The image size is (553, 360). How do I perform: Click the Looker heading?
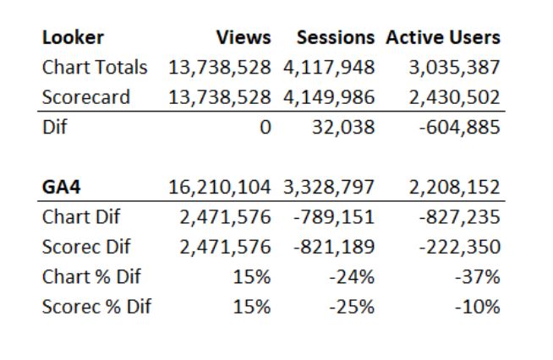point(74,37)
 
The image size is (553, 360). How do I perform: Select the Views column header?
point(244,37)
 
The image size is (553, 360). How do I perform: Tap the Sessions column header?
point(335,37)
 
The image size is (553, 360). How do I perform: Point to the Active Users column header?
point(443,37)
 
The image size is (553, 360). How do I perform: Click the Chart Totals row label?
point(95,67)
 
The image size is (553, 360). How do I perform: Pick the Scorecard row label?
point(86,97)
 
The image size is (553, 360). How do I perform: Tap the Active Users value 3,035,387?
point(454,67)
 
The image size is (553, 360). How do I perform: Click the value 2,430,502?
point(454,97)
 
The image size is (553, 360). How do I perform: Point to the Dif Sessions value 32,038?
point(342,128)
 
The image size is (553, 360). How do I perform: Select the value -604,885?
point(459,128)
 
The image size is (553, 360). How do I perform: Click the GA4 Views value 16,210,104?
point(220,187)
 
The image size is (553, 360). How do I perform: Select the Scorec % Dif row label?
point(96,306)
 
